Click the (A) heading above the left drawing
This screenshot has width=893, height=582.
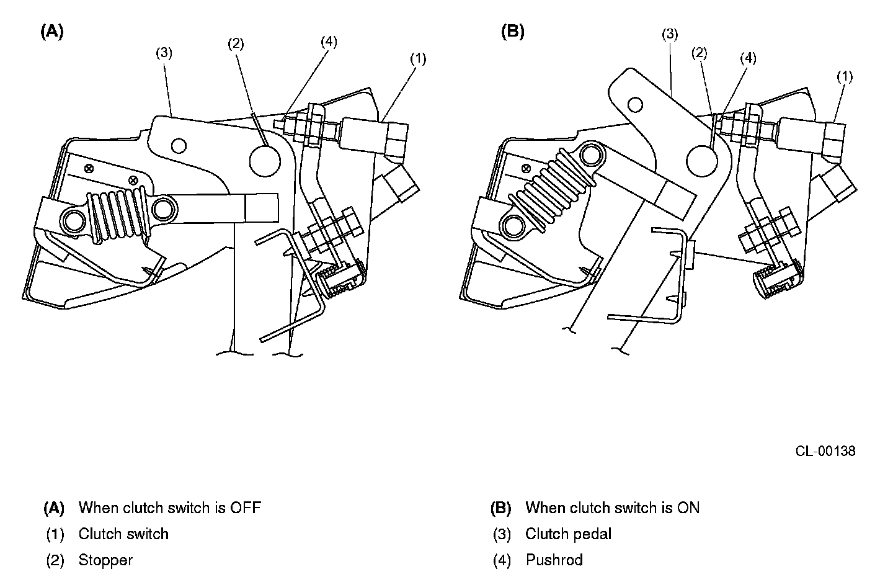pyautogui.click(x=52, y=32)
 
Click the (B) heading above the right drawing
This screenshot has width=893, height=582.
pyautogui.click(x=513, y=32)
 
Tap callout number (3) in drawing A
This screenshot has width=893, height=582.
pyautogui.click(x=164, y=53)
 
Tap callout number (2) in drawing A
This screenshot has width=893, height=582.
pyautogui.click(x=236, y=43)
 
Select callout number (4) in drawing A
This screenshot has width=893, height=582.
pyautogui.click(x=329, y=42)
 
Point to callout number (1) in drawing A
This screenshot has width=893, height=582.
pyautogui.click(x=418, y=59)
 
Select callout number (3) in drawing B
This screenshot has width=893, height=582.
pyautogui.click(x=670, y=34)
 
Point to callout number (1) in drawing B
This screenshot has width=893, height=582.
pyautogui.click(x=845, y=76)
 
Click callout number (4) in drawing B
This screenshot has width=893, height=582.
pyautogui.click(x=748, y=58)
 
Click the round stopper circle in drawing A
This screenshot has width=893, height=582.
pyautogui.click(x=265, y=161)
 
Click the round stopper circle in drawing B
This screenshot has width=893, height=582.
pyautogui.click(x=701, y=161)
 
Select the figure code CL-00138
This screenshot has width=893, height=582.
pyautogui.click(x=825, y=451)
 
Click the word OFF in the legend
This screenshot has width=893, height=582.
pyautogui.click(x=245, y=508)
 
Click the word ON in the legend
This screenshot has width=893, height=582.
pyautogui.click(x=688, y=508)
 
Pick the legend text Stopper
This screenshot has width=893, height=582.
pyautogui.click(x=105, y=560)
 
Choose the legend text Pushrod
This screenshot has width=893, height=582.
pyautogui.click(x=554, y=560)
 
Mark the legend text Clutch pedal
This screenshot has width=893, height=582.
pyautogui.click(x=569, y=534)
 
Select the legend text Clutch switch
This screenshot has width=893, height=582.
pyautogui.click(x=123, y=534)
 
